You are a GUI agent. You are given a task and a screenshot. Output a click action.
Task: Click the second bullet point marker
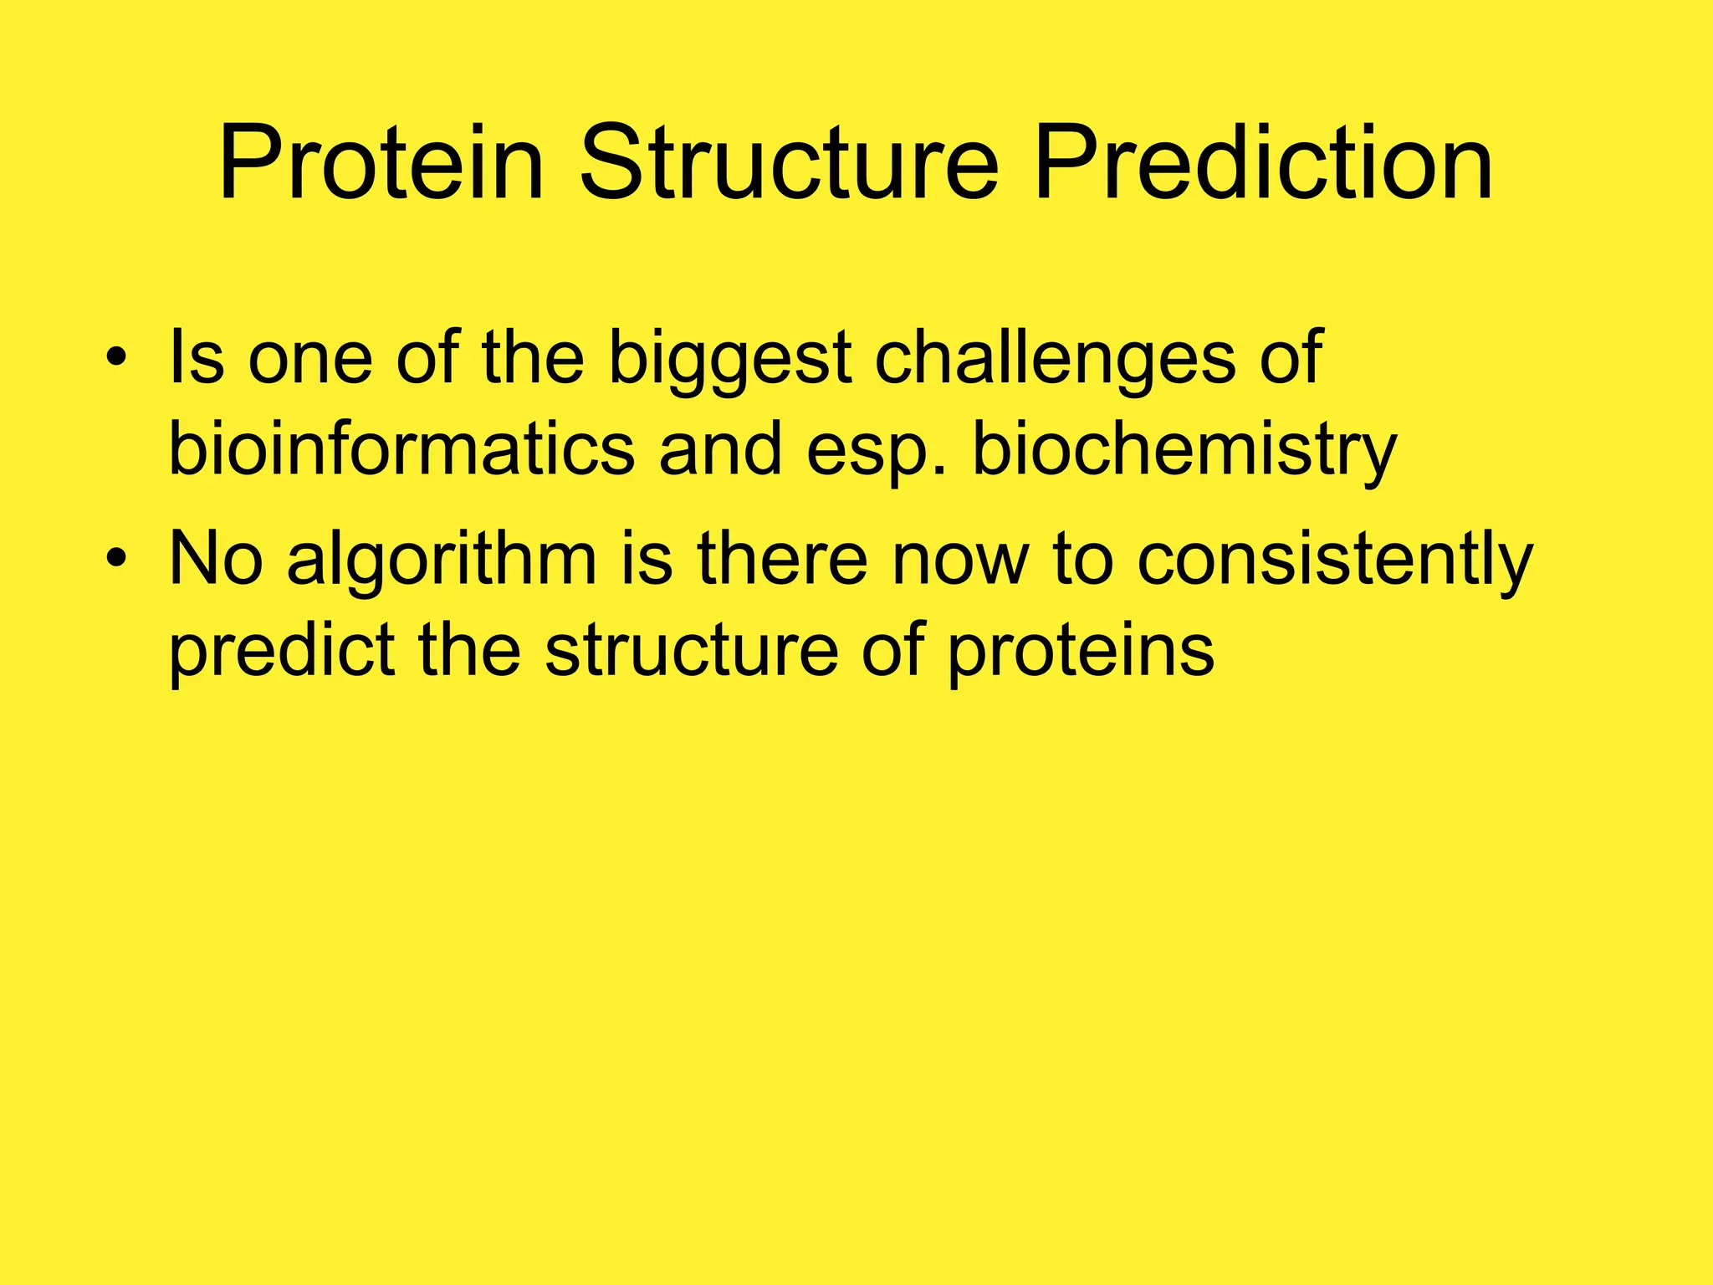click(117, 559)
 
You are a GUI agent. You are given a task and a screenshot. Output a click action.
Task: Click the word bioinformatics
click(401, 450)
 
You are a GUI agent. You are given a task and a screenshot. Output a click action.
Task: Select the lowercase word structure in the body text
click(691, 651)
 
